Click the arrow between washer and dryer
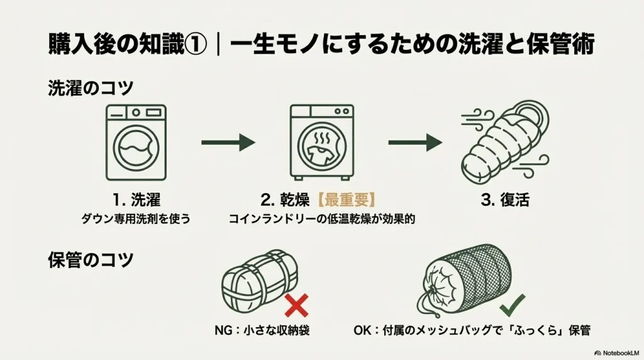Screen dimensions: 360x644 click(228, 143)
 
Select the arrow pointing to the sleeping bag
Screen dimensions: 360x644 click(415, 143)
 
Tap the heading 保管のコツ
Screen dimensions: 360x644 click(91, 260)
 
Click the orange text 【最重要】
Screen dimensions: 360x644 click(345, 200)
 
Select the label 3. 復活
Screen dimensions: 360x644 click(504, 201)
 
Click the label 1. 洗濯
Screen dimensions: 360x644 click(136, 200)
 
